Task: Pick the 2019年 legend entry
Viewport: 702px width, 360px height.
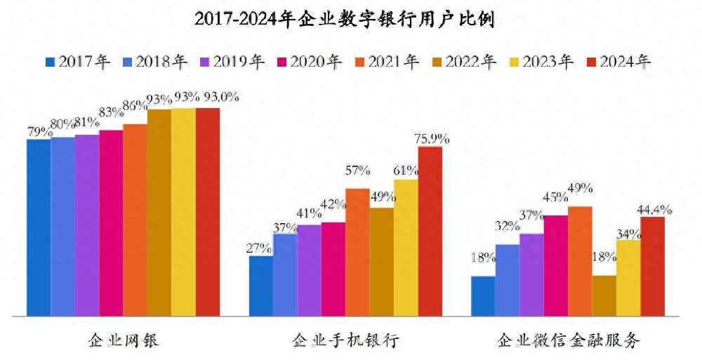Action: coord(232,62)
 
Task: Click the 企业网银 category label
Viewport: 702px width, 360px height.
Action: coord(124,341)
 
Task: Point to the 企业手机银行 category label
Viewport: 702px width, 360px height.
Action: coord(346,341)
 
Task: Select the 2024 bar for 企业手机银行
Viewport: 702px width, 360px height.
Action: coord(430,231)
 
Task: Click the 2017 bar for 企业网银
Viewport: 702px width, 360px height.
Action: coord(39,227)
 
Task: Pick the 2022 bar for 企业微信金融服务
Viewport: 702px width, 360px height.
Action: coord(604,295)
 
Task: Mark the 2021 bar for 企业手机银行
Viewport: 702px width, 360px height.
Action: coord(357,252)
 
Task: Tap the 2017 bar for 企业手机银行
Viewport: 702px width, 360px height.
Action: coord(261,286)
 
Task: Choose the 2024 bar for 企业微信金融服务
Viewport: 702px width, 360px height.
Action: coord(652,266)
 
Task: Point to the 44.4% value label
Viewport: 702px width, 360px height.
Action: coord(654,209)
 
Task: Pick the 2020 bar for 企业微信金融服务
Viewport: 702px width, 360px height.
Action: coord(555,265)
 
